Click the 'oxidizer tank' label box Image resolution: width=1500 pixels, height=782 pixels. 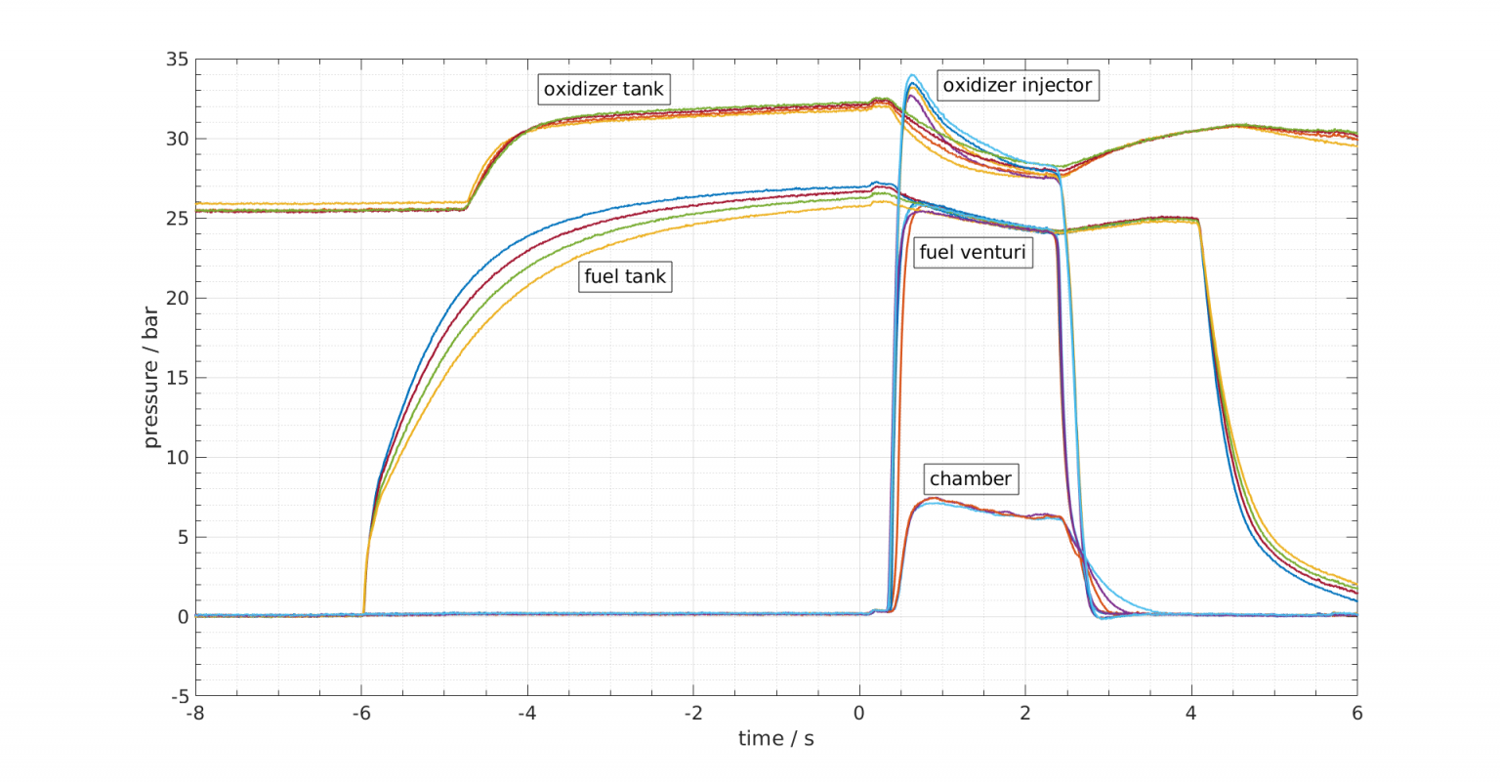[x=604, y=89]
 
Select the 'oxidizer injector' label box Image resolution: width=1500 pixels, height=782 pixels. [x=1017, y=85]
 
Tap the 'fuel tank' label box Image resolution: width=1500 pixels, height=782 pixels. [x=625, y=276]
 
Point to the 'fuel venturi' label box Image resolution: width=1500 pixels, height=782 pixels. [x=973, y=253]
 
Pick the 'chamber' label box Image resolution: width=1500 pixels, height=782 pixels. [x=970, y=478]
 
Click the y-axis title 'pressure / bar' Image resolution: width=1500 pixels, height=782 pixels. [x=150, y=377]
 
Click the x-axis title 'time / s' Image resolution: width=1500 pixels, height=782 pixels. [x=775, y=738]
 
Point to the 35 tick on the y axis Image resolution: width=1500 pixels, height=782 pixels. [x=177, y=60]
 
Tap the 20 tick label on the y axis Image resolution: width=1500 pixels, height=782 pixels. [x=177, y=298]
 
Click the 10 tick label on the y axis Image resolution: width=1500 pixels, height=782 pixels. [x=177, y=457]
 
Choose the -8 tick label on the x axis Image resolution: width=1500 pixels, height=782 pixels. [x=195, y=713]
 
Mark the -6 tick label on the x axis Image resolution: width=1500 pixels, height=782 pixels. [x=361, y=713]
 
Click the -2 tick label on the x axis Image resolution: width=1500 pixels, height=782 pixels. [x=693, y=713]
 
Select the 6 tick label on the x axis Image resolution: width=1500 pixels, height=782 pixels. [x=1356, y=713]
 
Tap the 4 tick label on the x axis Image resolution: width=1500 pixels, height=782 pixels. [x=1190, y=713]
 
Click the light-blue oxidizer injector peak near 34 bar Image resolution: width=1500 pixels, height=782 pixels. [x=912, y=76]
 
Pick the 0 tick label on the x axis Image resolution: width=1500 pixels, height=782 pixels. [x=859, y=713]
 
